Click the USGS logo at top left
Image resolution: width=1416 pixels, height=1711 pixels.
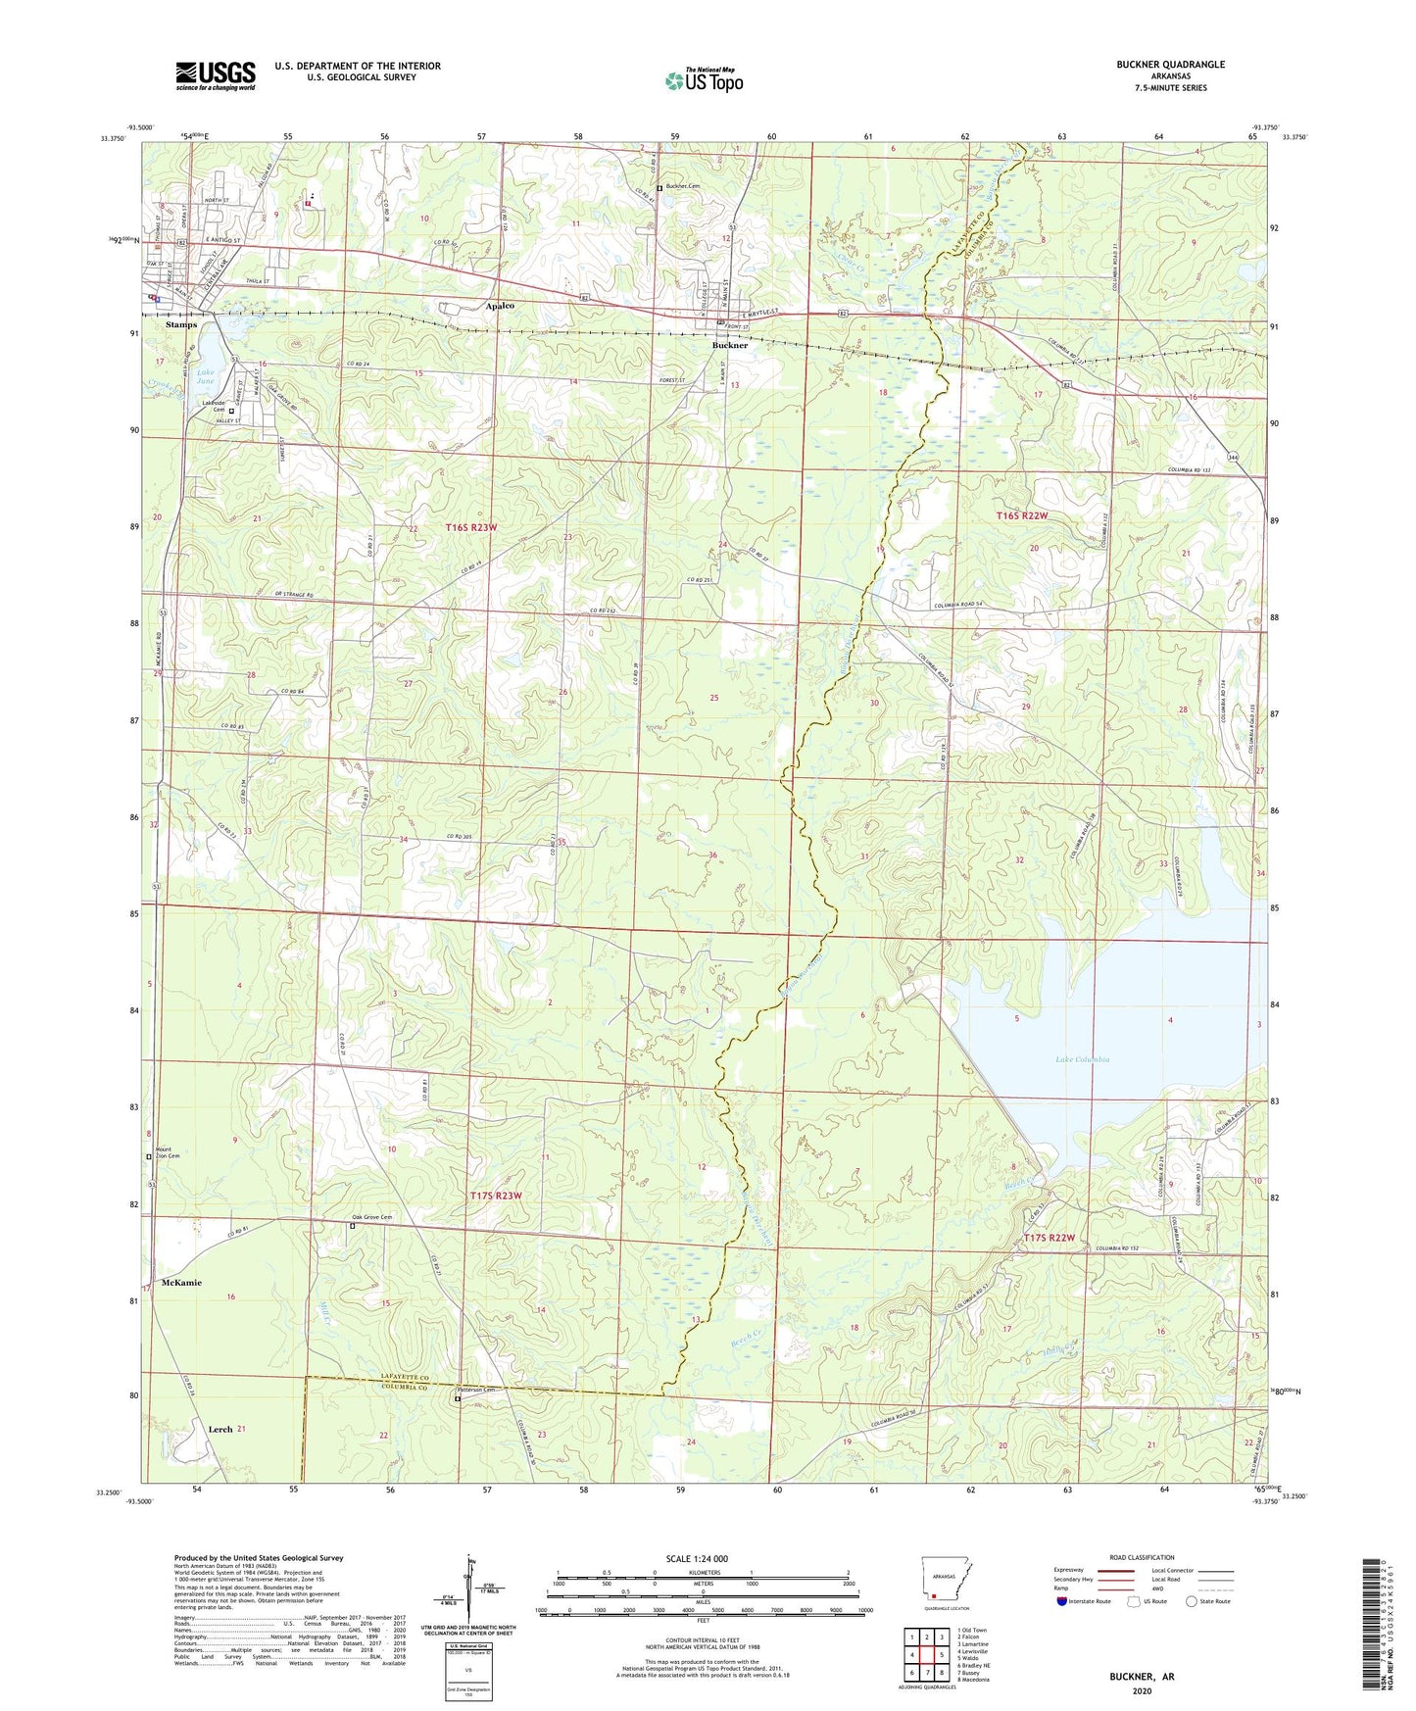click(x=216, y=75)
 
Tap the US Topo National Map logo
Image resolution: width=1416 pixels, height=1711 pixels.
click(x=704, y=80)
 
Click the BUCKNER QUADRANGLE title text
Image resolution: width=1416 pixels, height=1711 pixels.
click(x=1170, y=65)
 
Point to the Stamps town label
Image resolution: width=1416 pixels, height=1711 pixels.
click(x=181, y=324)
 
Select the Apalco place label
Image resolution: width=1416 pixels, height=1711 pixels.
click(x=500, y=306)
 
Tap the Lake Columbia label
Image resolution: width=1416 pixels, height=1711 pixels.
click(x=1083, y=1059)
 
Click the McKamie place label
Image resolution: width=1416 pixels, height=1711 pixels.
click(x=181, y=1283)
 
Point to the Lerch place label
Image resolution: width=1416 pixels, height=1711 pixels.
click(x=220, y=1430)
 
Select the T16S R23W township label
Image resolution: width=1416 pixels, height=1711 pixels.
click(x=471, y=527)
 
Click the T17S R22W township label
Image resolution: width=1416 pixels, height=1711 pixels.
click(x=1050, y=1238)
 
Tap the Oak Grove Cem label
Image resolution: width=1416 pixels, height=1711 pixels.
click(x=372, y=1218)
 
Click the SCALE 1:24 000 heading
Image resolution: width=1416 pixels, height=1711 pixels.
click(x=696, y=1559)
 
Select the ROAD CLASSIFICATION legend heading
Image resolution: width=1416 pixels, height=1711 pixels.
click(x=1142, y=1557)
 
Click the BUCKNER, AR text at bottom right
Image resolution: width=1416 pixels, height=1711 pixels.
click(x=1142, y=1677)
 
